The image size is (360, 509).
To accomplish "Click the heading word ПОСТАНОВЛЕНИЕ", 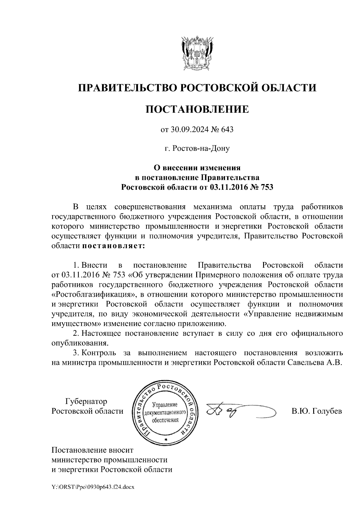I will click(x=197, y=109).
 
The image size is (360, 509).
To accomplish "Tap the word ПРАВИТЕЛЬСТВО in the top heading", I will click(x=126, y=88).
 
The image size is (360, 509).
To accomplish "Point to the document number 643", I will click(x=227, y=130).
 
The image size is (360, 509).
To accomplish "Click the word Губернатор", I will click(x=86, y=401).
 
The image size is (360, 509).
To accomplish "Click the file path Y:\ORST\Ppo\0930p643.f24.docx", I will click(x=93, y=487).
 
